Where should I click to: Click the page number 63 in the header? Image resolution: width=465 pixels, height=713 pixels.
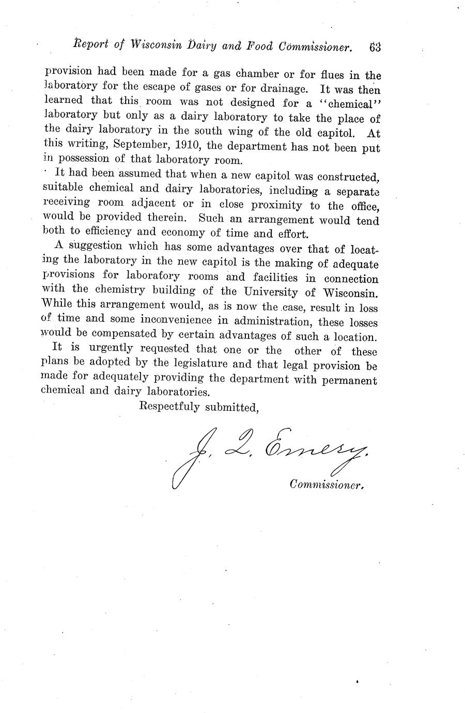tap(375, 47)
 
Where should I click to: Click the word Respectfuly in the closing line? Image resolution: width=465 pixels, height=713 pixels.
tap(170, 407)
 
